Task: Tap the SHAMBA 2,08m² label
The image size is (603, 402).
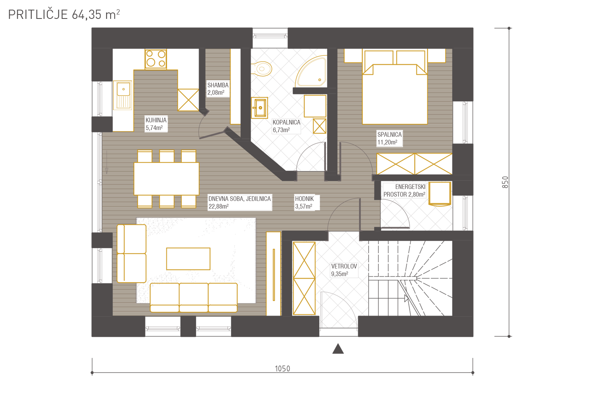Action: click(218, 89)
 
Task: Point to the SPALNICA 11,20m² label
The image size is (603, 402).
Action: click(389, 138)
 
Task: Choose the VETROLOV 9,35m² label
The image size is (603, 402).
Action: click(344, 270)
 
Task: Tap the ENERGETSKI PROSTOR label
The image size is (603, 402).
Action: click(404, 191)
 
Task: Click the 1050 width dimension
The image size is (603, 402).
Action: click(282, 369)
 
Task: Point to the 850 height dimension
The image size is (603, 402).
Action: click(505, 182)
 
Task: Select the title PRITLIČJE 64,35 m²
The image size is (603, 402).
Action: click(64, 14)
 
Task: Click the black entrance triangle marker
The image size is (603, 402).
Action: click(338, 349)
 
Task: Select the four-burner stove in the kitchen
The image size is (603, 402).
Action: click(156, 59)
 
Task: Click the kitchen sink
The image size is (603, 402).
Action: click(123, 95)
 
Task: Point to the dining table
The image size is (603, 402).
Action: click(166, 178)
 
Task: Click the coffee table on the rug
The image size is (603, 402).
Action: click(188, 259)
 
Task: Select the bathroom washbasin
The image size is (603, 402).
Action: click(259, 108)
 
